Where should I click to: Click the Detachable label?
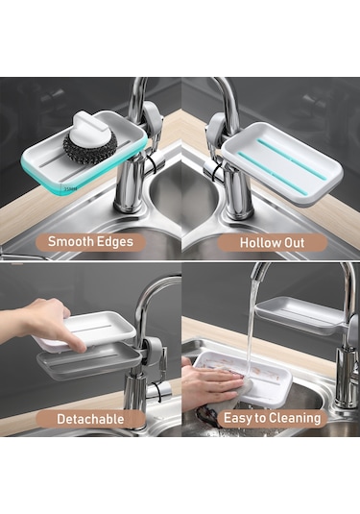pyautogui.click(x=90, y=419)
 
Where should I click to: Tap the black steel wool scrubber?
pyautogui.click(x=90, y=148)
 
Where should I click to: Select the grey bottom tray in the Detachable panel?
pyautogui.click(x=89, y=360)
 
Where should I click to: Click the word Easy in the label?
pyautogui.click(x=238, y=419)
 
